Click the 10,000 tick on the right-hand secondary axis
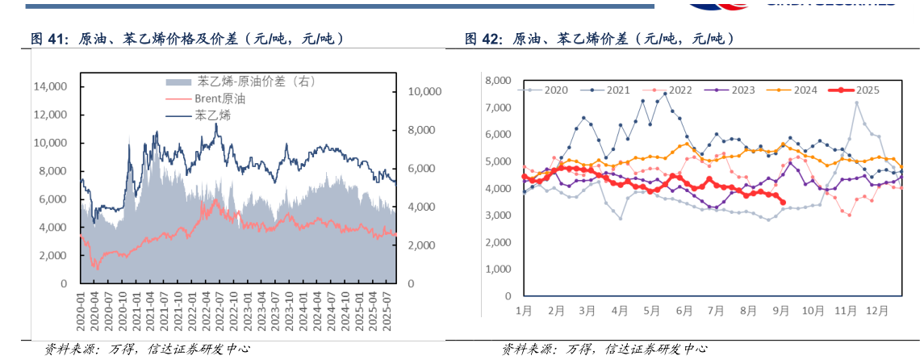424,92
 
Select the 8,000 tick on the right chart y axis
496,81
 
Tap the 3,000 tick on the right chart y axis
496,216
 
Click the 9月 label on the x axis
781,310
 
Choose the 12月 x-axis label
878,310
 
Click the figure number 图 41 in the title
46,38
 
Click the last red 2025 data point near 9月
783,203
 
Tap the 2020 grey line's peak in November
856,103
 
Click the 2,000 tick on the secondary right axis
424,245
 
